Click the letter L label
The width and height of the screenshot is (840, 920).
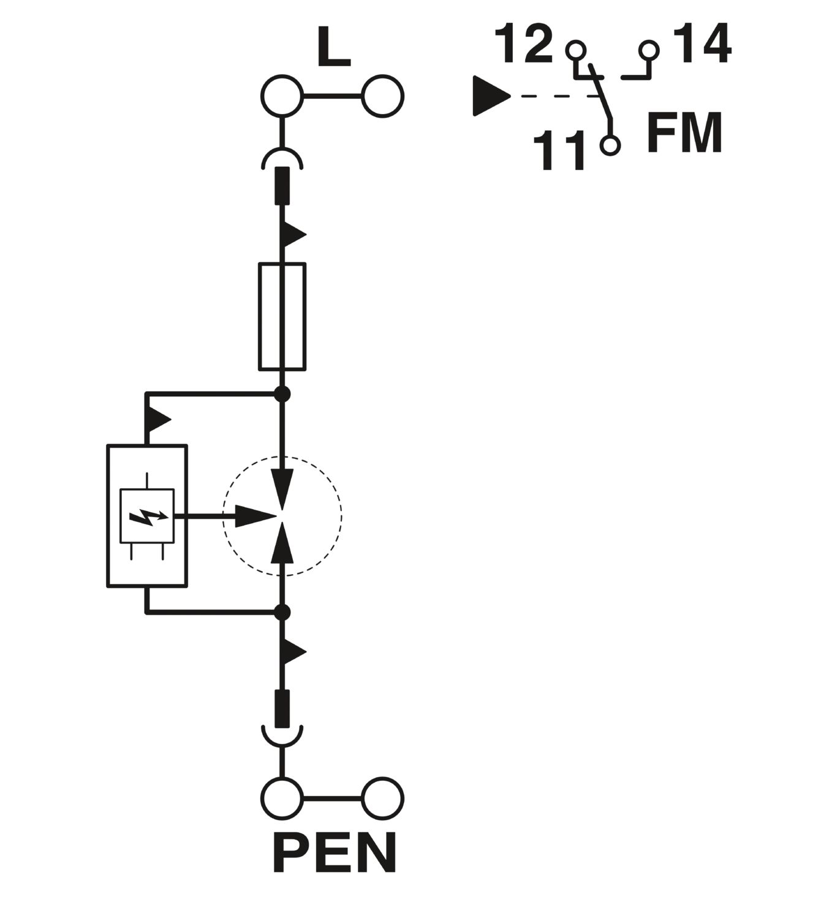333,47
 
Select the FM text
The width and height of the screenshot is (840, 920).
684,132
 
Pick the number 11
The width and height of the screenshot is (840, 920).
559,150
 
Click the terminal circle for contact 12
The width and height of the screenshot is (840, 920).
575,50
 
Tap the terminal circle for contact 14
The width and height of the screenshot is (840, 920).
649,50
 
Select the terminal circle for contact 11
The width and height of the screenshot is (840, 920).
610,145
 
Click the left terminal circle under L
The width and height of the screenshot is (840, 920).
282,96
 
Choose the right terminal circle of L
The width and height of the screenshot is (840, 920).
383,96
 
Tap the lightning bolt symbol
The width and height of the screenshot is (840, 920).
148,516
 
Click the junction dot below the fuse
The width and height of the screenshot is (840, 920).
282,394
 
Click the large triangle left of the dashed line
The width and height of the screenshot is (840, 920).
491,96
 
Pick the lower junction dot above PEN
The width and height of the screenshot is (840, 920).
282,612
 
